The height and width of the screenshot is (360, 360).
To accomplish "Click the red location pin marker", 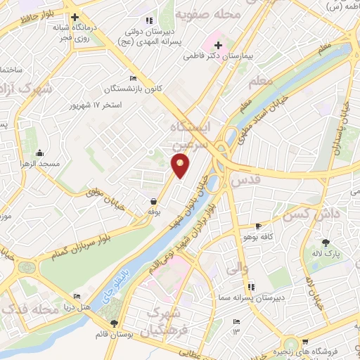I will pyautogui.click(x=181, y=166).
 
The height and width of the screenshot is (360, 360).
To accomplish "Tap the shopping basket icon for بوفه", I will pyautogui.click(x=153, y=201).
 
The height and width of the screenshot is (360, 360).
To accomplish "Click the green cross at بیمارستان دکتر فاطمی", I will pyautogui.click(x=217, y=46).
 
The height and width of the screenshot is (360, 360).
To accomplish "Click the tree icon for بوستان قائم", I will pyautogui.click(x=114, y=323).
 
